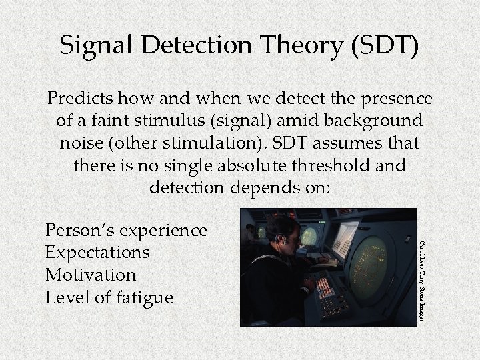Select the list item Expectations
pos(97,253)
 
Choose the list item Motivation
pos(91,275)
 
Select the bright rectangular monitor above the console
pos(345,239)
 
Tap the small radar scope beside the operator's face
pos(309,237)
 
